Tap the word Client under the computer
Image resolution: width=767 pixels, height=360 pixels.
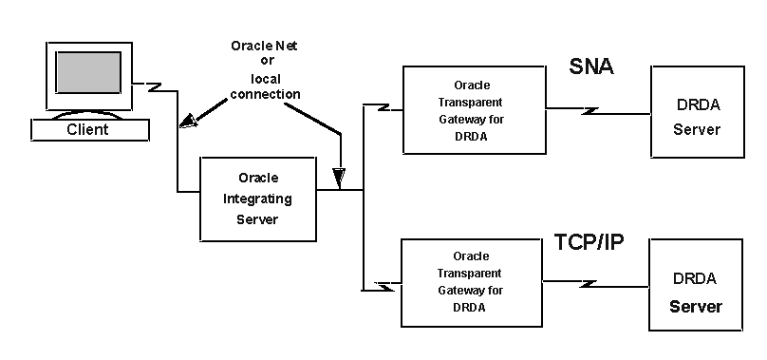tap(87, 129)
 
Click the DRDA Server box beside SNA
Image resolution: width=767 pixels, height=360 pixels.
tap(696, 111)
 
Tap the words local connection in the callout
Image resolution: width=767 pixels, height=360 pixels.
tap(266, 86)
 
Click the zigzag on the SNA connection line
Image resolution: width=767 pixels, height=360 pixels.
tap(589, 112)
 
